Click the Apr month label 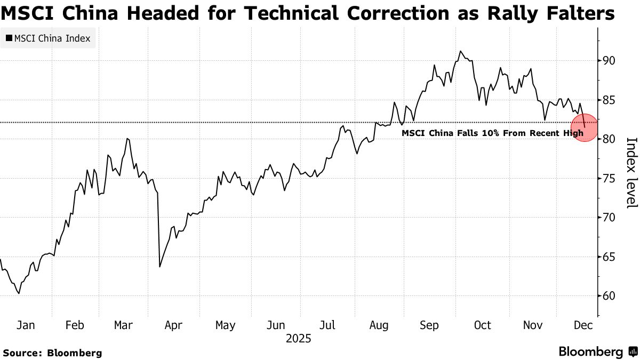(x=174, y=325)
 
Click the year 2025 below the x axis (x=299, y=339)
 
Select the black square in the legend (x=9, y=38)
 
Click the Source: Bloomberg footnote (x=52, y=353)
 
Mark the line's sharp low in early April (x=159, y=267)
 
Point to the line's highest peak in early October (x=460, y=51)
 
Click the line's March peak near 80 (x=127, y=139)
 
